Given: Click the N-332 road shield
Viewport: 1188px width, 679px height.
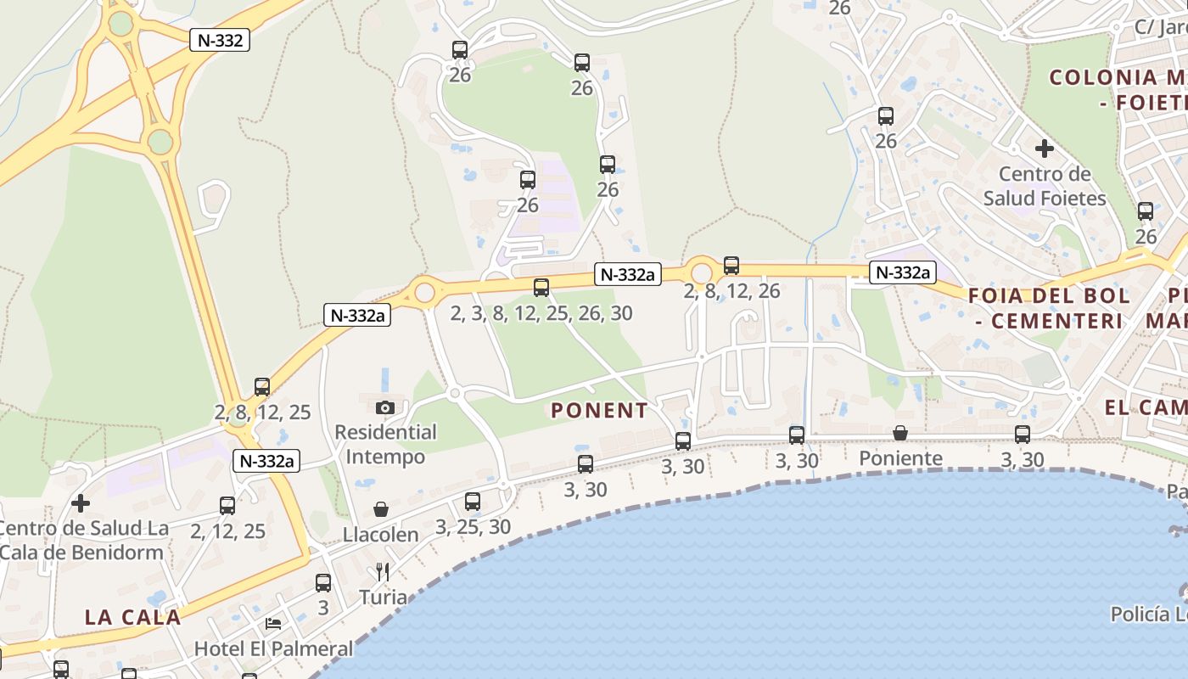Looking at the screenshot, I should pyautogui.click(x=220, y=40).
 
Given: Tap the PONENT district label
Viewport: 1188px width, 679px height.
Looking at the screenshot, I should pyautogui.click(x=599, y=411).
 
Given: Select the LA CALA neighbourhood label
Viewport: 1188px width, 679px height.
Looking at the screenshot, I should pyautogui.click(x=133, y=617).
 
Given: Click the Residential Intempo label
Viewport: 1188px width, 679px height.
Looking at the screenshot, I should pyautogui.click(x=385, y=444).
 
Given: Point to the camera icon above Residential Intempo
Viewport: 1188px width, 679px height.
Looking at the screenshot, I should pyautogui.click(x=385, y=407).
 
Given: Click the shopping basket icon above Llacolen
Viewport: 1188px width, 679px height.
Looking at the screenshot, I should pyautogui.click(x=381, y=509).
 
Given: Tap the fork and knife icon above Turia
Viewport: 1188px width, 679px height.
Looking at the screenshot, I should pyautogui.click(x=383, y=571).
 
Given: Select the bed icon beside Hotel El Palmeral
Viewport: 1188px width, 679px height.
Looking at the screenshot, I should pyautogui.click(x=273, y=624).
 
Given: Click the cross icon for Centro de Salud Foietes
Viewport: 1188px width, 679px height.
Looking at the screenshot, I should pyautogui.click(x=1045, y=149).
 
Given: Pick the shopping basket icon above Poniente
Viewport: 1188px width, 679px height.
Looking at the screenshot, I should pyautogui.click(x=900, y=434).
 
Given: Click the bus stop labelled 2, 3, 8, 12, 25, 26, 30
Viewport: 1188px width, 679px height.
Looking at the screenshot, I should pyautogui.click(x=541, y=288).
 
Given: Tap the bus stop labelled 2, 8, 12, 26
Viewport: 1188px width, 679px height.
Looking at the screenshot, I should pyautogui.click(x=731, y=266).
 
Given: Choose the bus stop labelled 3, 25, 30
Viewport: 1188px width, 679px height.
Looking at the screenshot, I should pyautogui.click(x=473, y=502).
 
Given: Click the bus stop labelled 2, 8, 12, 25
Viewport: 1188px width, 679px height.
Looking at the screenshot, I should pyautogui.click(x=262, y=387).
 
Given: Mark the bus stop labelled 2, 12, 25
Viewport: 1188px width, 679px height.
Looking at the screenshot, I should pyautogui.click(x=227, y=506).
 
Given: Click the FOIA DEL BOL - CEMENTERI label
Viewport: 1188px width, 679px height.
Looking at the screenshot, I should pyautogui.click(x=1049, y=308).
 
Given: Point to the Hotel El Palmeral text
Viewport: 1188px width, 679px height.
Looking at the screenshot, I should pyautogui.click(x=273, y=649).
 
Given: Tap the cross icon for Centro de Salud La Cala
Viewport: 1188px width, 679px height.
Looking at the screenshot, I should pyautogui.click(x=81, y=503).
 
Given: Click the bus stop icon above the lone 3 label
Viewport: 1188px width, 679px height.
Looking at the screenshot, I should pyautogui.click(x=323, y=583).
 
